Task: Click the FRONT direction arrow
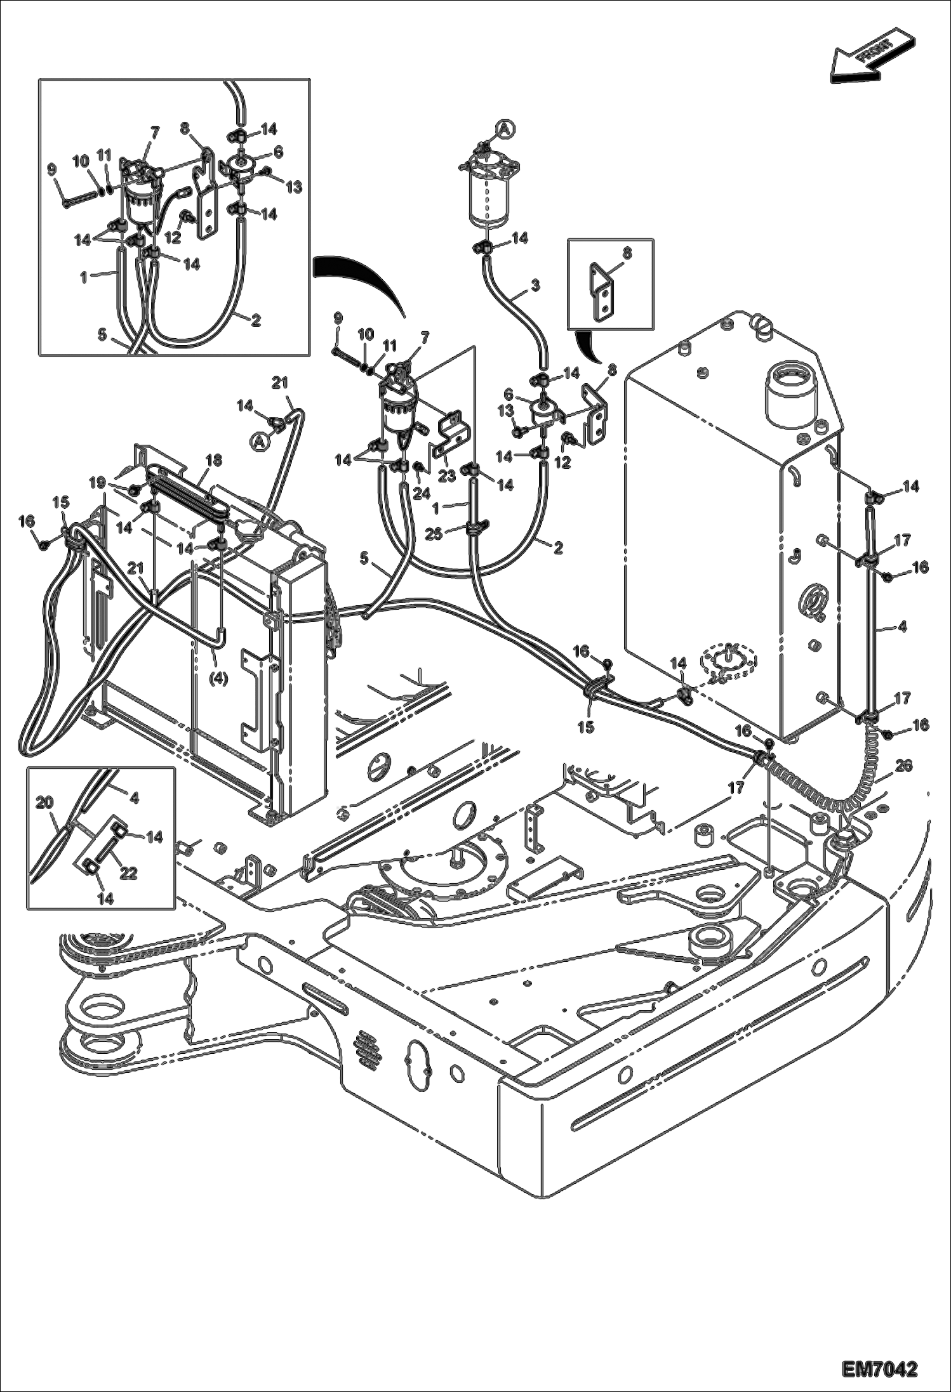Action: click(x=872, y=55)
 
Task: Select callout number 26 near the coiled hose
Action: click(x=903, y=766)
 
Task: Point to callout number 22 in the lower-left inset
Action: click(x=128, y=873)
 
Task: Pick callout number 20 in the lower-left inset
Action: click(x=44, y=803)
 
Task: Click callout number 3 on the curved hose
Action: click(x=535, y=286)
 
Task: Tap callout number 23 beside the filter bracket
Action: click(x=447, y=475)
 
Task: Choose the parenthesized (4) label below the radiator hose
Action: click(x=218, y=678)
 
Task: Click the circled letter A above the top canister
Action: click(x=504, y=129)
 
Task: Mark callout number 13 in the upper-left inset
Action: click(x=294, y=187)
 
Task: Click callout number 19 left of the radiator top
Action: click(x=97, y=483)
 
